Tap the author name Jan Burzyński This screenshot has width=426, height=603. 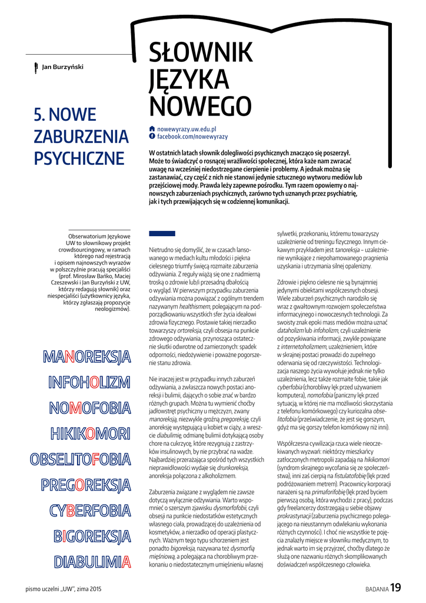point(62,67)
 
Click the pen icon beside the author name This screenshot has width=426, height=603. point(36,67)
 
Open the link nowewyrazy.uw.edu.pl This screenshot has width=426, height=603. point(187,128)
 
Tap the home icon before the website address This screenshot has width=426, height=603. point(152,128)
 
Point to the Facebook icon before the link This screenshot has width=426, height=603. point(152,136)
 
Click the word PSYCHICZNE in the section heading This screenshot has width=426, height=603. point(79,159)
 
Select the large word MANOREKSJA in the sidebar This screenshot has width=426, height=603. point(86,357)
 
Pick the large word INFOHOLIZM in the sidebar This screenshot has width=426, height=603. point(89,383)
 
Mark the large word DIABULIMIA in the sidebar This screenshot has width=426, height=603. point(92,562)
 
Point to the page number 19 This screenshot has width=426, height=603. point(395,587)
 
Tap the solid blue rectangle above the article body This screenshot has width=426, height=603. point(162,234)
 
